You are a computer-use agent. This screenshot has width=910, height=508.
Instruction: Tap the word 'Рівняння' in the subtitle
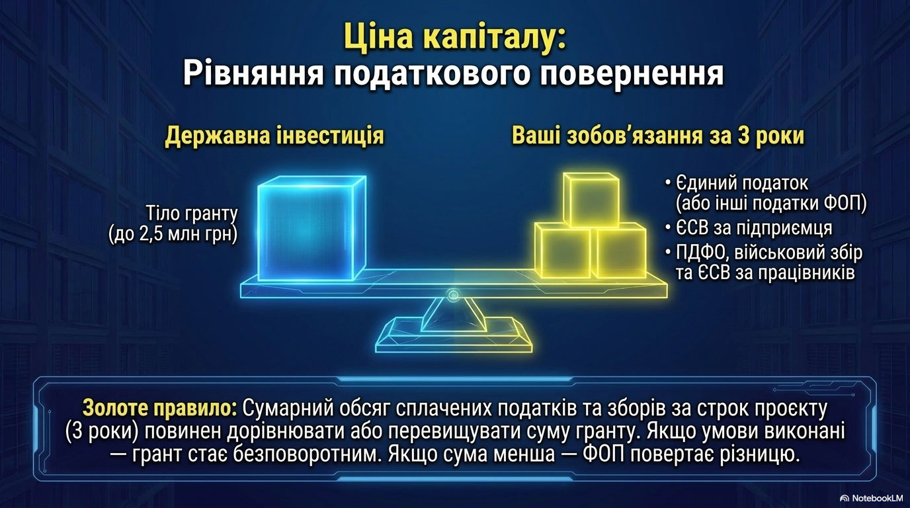[253, 73]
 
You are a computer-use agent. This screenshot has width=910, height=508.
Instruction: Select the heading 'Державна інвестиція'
[274, 136]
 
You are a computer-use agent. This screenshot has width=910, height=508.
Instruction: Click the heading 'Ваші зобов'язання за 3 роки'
[658, 136]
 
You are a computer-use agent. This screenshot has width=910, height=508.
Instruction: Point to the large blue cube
[311, 228]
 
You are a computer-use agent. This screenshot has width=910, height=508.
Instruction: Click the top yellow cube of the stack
[591, 200]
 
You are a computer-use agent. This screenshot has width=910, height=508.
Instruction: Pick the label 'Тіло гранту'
[192, 214]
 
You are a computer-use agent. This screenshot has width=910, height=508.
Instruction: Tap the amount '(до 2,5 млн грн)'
[173, 235]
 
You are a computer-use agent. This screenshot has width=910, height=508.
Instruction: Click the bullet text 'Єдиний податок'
[742, 183]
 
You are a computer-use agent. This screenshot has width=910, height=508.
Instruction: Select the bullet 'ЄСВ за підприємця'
[754, 228]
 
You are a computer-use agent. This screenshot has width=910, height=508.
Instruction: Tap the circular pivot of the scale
[453, 294]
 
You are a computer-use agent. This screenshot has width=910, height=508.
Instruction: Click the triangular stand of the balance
[454, 316]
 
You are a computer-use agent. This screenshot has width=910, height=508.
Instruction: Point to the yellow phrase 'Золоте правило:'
[160, 408]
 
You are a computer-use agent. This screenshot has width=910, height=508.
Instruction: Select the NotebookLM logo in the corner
[873, 498]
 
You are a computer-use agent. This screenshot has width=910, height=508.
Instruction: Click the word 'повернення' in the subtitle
[627, 75]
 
